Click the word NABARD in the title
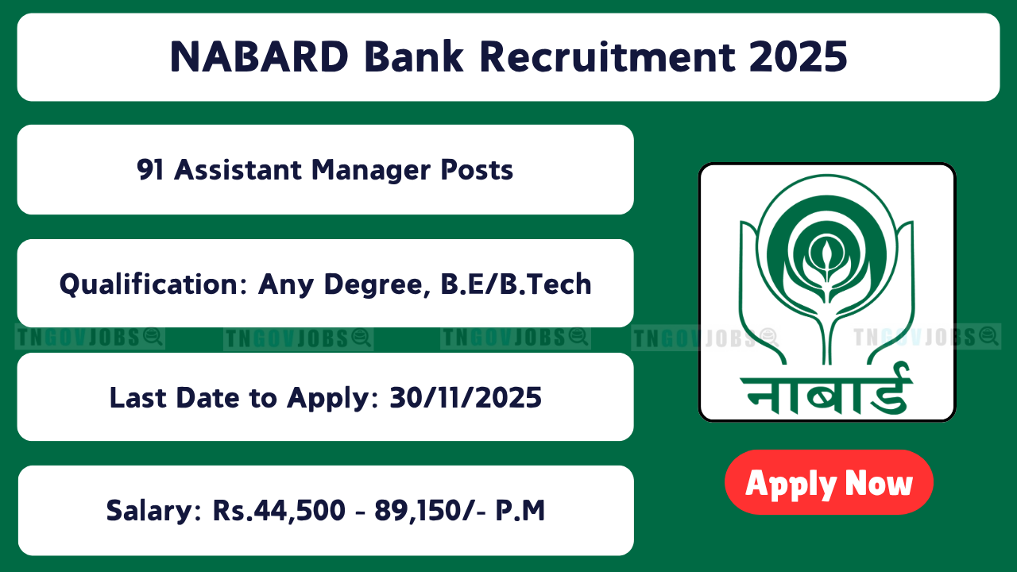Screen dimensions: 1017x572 click(x=259, y=56)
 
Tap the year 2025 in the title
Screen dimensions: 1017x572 click(x=799, y=56)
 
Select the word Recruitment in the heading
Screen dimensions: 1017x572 click(x=608, y=56)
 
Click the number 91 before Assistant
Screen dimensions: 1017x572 click(x=150, y=170)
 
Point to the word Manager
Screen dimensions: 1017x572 click(x=371, y=172)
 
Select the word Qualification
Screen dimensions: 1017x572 click(x=154, y=284)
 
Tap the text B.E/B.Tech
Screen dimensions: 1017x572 click(x=516, y=284)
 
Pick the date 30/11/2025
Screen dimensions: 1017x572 click(x=466, y=398)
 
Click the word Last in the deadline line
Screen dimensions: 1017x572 click(x=138, y=398)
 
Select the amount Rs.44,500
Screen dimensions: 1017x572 click(x=279, y=511)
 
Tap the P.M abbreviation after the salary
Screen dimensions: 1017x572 click(x=520, y=510)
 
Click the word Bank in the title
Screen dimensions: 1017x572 click(x=414, y=56)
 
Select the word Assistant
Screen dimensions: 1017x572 click(x=238, y=170)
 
